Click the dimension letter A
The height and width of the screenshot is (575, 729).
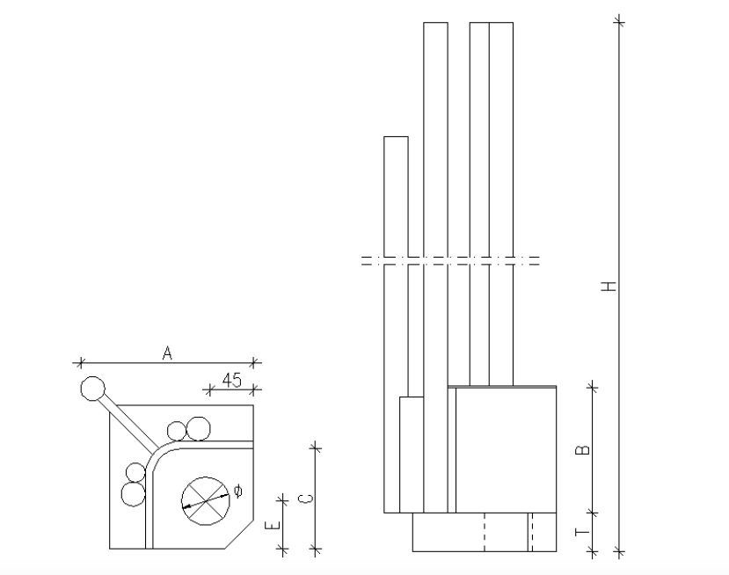pyautogui.click(x=167, y=353)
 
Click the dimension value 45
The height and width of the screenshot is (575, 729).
pyautogui.click(x=232, y=380)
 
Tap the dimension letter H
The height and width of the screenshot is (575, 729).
pyautogui.click(x=609, y=286)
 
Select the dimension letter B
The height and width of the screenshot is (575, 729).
pyautogui.click(x=582, y=450)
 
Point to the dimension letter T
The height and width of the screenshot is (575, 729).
pyautogui.click(x=582, y=532)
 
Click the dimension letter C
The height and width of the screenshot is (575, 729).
pyautogui.click(x=305, y=499)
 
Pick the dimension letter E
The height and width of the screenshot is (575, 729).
pyautogui.click(x=273, y=525)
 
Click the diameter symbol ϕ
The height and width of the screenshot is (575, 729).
pyautogui.click(x=237, y=491)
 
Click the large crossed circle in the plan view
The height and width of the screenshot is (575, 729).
pyautogui.click(x=205, y=501)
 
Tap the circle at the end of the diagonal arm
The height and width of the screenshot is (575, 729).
pyautogui.click(x=93, y=389)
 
